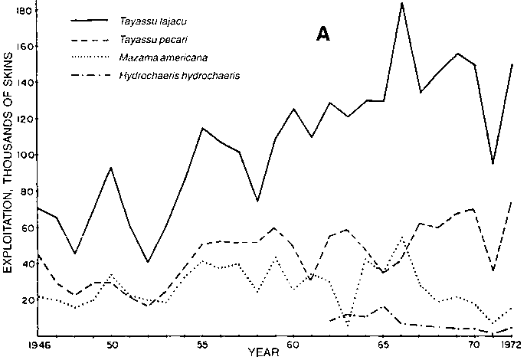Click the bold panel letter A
click(323, 34)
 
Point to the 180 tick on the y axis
click(25, 11)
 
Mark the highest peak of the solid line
click(401, 4)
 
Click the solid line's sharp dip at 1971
click(493, 163)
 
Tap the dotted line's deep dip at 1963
click(348, 326)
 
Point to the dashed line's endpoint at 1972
click(511, 202)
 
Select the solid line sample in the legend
click(95, 21)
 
